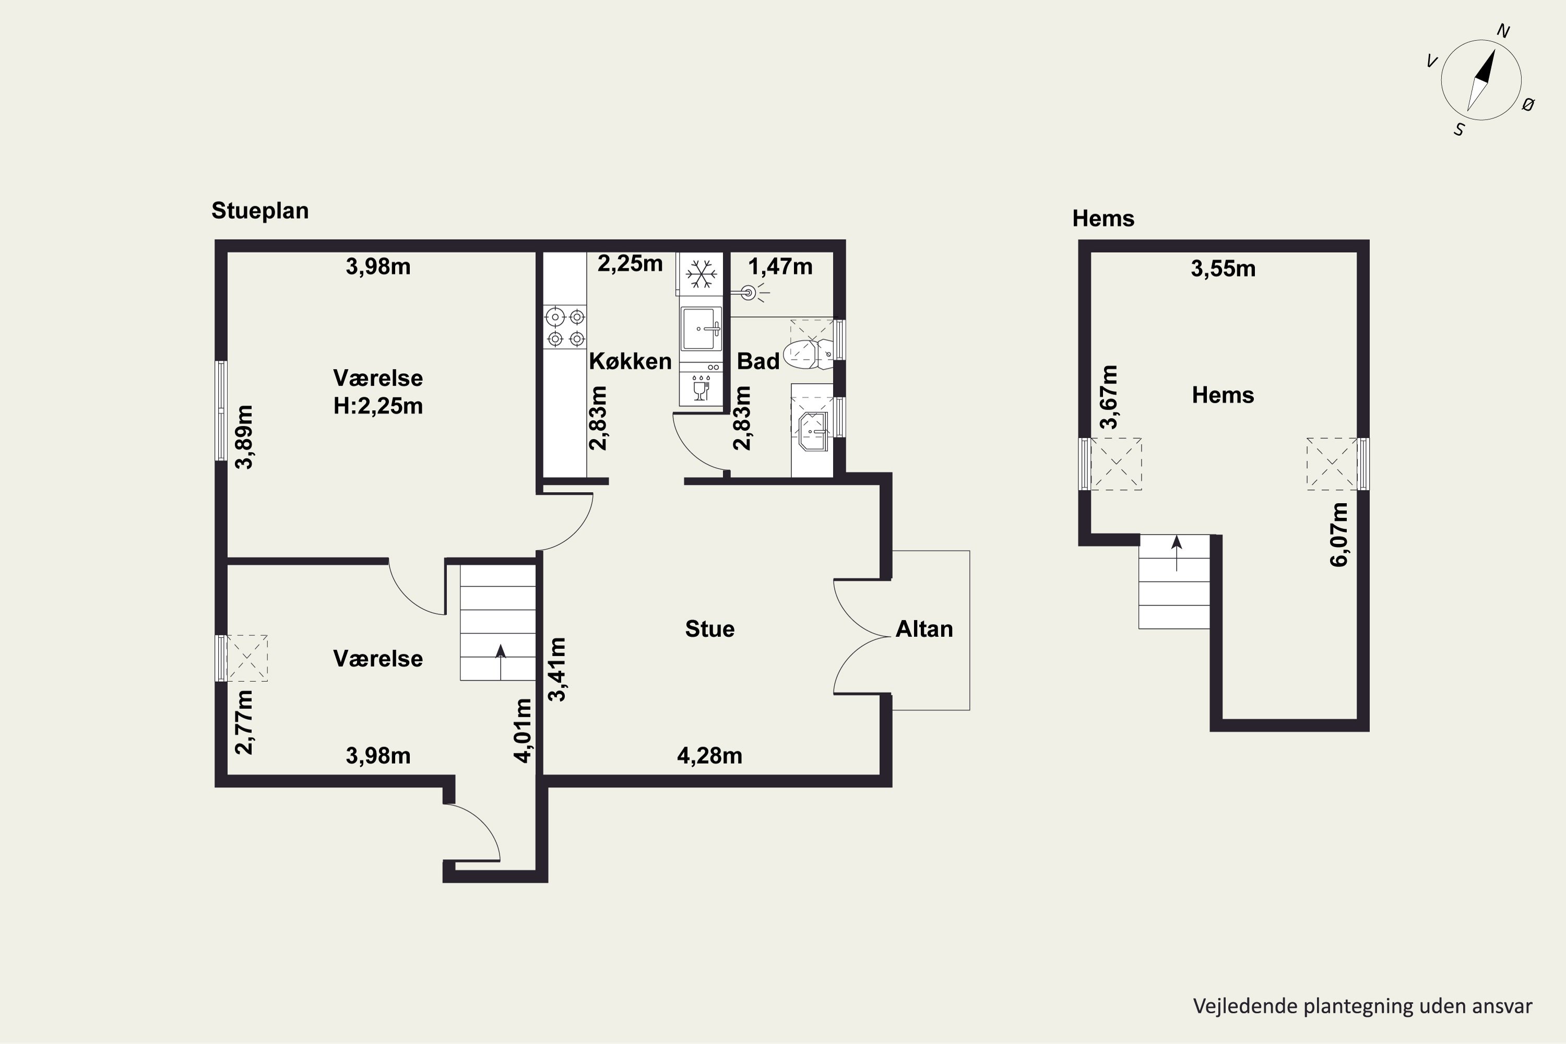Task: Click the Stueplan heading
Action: pyautogui.click(x=259, y=211)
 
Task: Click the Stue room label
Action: pyautogui.click(x=710, y=628)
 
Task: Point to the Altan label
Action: pyautogui.click(x=924, y=628)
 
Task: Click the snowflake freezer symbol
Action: pyautogui.click(x=701, y=274)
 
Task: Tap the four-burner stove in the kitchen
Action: pyautogui.click(x=565, y=327)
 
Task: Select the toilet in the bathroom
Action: pyautogui.click(x=808, y=353)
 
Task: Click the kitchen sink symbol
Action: pyautogui.click(x=701, y=328)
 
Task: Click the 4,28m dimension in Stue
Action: pyautogui.click(x=710, y=756)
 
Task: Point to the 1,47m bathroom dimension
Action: pyautogui.click(x=780, y=267)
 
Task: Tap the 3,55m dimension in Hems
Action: pyautogui.click(x=1223, y=269)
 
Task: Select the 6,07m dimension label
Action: pyautogui.click(x=1339, y=535)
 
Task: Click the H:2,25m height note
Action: pyautogui.click(x=378, y=406)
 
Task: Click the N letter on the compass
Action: pyautogui.click(x=1503, y=31)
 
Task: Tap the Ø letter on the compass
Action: pyautogui.click(x=1529, y=104)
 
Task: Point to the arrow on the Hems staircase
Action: pyautogui.click(x=1177, y=553)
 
